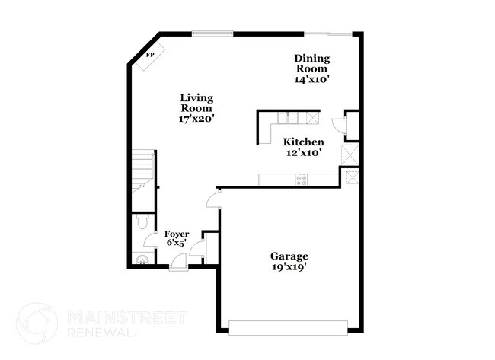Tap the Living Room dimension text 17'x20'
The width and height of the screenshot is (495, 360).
tap(196, 119)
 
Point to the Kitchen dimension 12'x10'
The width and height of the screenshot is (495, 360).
tap(303, 153)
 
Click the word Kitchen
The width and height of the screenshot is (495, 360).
tap(304, 142)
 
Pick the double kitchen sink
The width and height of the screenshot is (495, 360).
tap(287, 118)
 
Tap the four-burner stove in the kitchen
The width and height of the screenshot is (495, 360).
tap(302, 180)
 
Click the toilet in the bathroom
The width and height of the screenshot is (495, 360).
tap(141, 222)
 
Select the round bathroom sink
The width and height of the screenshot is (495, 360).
tap(140, 257)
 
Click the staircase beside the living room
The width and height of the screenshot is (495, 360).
tap(142, 170)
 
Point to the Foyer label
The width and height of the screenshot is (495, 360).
tap(177, 234)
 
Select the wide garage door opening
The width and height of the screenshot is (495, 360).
tap(287, 328)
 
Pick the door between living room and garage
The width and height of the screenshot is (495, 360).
tap(213, 200)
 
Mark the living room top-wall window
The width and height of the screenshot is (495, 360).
tap(212, 33)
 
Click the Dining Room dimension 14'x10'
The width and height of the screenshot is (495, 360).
tap(312, 78)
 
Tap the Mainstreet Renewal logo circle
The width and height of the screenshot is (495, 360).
tap(37, 322)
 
